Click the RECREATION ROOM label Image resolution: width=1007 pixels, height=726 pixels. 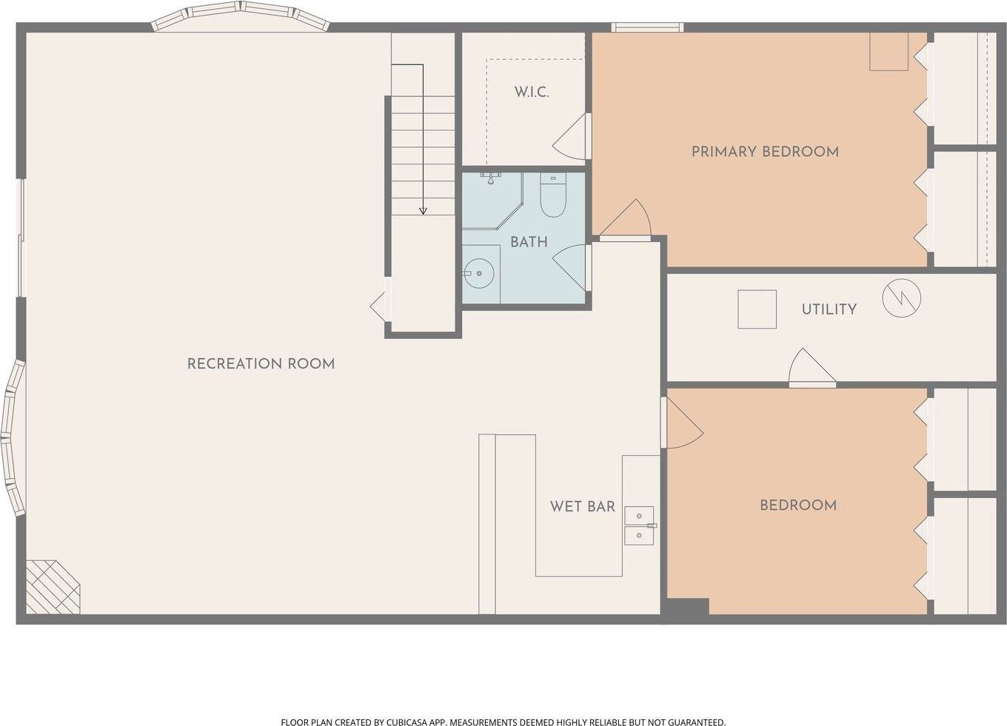click(261, 364)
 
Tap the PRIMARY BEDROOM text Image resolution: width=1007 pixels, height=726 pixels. click(765, 152)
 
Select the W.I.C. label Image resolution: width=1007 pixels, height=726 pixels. click(532, 92)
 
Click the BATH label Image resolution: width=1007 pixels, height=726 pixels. click(529, 242)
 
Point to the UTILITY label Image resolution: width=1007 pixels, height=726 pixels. click(829, 309)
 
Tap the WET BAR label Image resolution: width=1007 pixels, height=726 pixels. click(582, 507)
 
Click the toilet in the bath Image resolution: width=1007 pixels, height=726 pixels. click(552, 195)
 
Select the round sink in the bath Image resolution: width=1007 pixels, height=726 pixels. click(479, 273)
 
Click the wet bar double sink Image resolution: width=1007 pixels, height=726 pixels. click(639, 525)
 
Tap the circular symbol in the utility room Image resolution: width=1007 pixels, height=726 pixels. click(901, 298)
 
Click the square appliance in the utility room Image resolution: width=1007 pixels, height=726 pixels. click(757, 309)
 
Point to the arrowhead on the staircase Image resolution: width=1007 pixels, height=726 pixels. click(423, 211)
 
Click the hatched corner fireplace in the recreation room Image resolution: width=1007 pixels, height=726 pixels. click(53, 587)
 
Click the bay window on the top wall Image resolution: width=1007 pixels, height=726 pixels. click(241, 16)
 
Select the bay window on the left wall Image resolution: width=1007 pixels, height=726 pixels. click(13, 437)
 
